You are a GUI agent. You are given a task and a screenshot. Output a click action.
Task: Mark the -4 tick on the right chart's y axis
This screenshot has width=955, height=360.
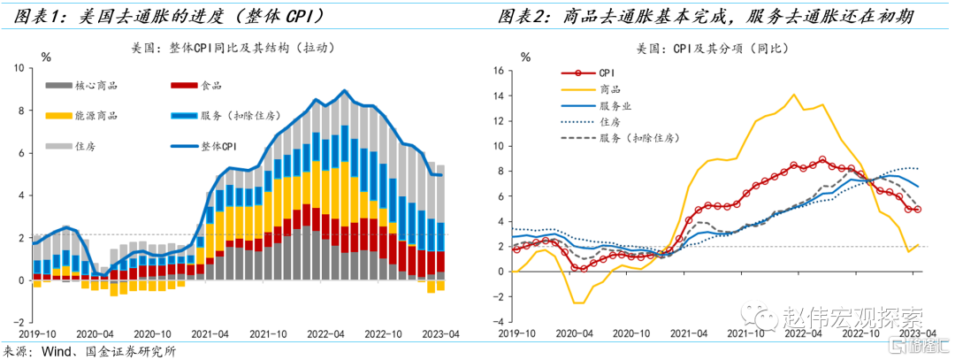[x=500, y=322]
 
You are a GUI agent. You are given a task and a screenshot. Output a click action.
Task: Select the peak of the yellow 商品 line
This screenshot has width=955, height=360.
[x=794, y=95]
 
